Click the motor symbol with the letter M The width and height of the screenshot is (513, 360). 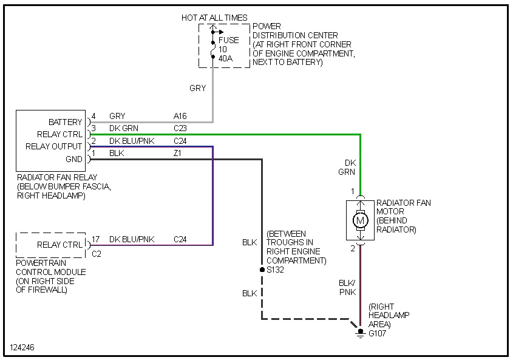click(361, 220)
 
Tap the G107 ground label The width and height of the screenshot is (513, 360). click(377, 333)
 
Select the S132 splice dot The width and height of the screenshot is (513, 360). click(262, 269)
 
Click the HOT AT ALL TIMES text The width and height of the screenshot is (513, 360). click(214, 18)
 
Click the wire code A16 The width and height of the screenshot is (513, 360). click(180, 116)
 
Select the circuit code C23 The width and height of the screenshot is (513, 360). click(180, 128)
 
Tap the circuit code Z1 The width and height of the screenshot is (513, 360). click(178, 154)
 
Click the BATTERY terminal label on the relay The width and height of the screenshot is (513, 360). click(65, 122)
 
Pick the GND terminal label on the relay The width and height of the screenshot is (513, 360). click(73, 159)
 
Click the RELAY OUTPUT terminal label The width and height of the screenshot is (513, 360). click(53, 146)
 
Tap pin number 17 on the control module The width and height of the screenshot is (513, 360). click(96, 239)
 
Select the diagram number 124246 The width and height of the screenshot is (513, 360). click(22, 348)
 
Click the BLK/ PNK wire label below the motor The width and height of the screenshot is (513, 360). click(348, 287)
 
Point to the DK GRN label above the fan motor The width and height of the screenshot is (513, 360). click(347, 168)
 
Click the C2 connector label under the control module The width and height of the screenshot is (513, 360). click(97, 254)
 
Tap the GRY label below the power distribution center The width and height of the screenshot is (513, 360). click(198, 88)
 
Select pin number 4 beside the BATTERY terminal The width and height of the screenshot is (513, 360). click(93, 116)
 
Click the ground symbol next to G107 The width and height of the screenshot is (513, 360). click(361, 333)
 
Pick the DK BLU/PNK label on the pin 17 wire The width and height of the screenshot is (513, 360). click(132, 239)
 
